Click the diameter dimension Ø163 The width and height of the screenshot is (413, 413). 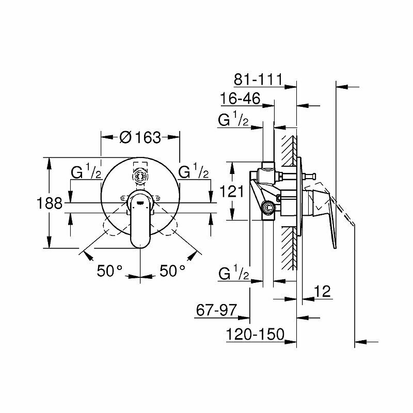140,137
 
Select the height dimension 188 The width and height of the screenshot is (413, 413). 50,203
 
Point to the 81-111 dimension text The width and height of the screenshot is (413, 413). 257,80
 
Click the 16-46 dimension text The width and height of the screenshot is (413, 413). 239,99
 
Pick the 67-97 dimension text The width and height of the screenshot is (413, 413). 216,310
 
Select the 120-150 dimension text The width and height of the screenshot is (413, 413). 256,335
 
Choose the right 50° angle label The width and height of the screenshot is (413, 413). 172,271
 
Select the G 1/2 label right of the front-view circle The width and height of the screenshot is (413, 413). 194,172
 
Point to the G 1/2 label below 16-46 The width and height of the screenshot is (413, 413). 235,120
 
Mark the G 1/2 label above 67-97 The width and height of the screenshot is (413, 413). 235,273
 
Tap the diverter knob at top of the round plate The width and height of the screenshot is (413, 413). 140,175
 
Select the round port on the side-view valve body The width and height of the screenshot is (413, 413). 267,208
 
